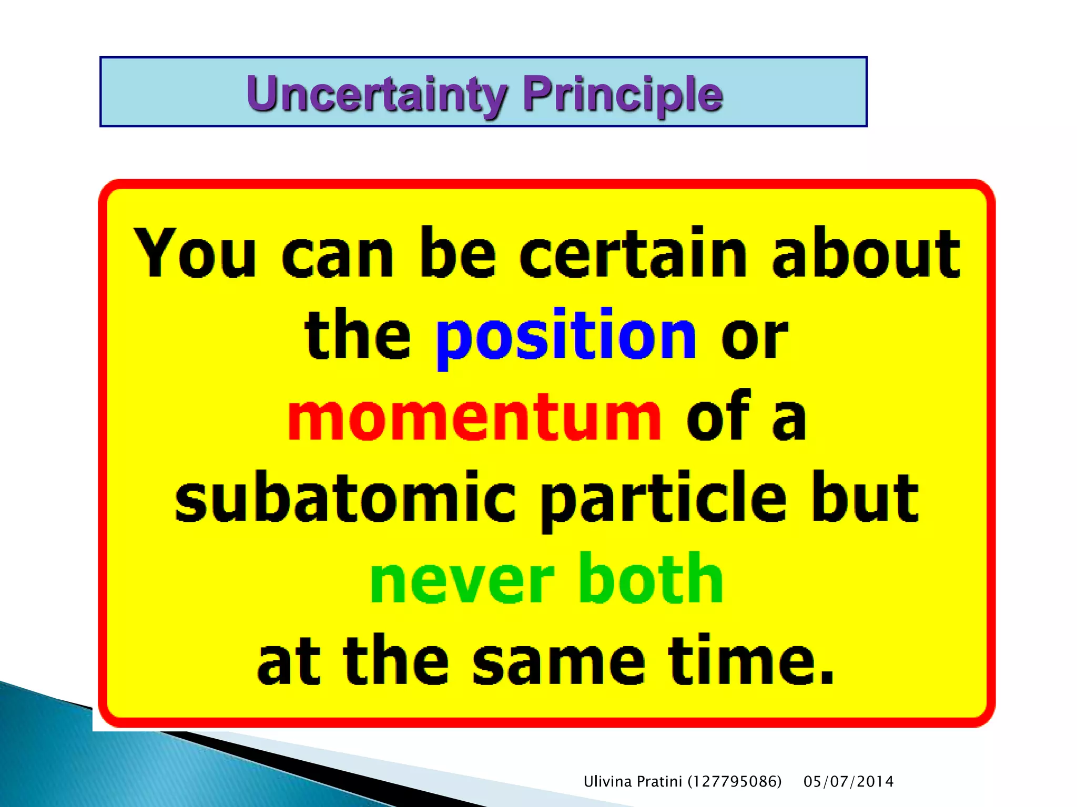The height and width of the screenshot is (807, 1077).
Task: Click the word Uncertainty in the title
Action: coord(377,95)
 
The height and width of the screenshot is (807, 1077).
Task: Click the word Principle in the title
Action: coord(623,95)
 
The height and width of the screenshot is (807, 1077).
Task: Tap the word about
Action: coord(866,253)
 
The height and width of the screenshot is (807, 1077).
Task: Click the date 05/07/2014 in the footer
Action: coord(848,782)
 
